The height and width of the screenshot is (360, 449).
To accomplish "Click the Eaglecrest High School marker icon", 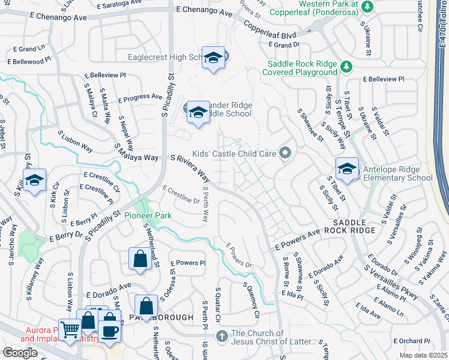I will (213, 58).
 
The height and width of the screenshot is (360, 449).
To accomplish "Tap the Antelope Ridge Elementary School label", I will (397, 173).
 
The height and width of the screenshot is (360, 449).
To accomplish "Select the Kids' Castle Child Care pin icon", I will (285, 154).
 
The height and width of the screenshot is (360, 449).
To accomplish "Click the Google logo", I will (20, 353).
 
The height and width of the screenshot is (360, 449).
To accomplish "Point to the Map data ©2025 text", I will (423, 355).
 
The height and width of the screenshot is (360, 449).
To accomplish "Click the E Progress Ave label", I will (140, 97).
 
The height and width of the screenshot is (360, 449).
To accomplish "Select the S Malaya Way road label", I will (138, 157).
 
